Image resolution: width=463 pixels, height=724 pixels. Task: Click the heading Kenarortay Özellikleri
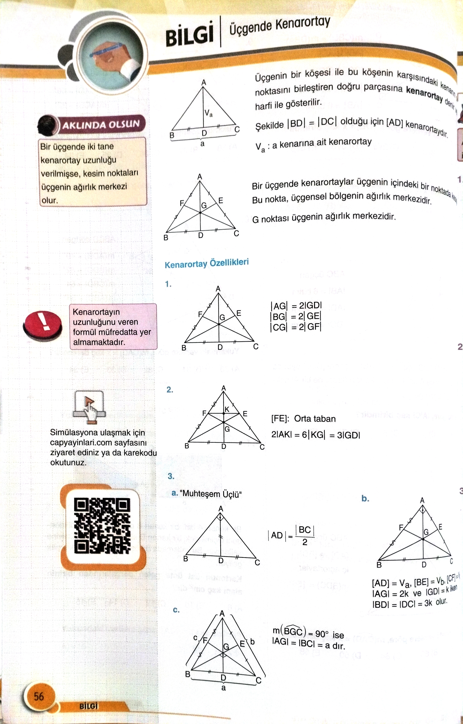207,263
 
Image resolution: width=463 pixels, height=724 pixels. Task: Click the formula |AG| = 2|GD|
296,306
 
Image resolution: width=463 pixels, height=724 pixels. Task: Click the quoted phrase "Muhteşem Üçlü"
211,494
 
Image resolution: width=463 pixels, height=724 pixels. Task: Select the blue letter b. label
365,499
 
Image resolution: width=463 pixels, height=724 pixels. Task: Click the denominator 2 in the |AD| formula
305,542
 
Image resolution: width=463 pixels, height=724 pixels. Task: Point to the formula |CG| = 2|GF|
296,327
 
